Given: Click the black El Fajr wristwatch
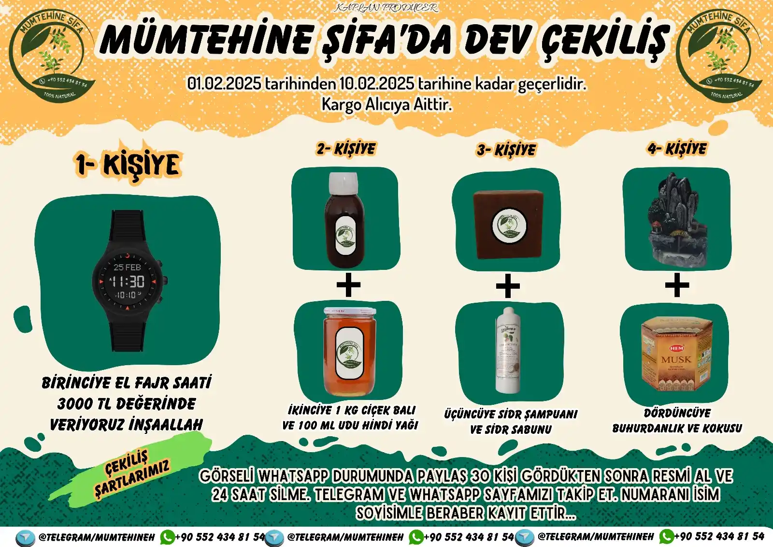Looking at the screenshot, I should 128,281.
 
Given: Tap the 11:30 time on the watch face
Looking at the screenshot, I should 128,281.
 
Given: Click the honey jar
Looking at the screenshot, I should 349,352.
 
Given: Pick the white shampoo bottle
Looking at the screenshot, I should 508,350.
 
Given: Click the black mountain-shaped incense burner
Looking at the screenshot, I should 676,220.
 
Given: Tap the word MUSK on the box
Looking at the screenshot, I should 676,360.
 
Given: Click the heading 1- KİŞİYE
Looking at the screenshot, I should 128,165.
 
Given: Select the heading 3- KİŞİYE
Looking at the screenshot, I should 506,150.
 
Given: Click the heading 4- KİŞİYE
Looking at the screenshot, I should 677,149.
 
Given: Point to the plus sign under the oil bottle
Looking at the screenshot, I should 348,285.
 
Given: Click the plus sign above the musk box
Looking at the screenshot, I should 677,285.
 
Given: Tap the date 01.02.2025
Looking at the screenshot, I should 224,84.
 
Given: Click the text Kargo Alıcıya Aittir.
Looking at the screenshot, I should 386,104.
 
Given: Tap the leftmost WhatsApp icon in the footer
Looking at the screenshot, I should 167,537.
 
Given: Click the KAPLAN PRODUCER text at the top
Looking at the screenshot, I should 386,8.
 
